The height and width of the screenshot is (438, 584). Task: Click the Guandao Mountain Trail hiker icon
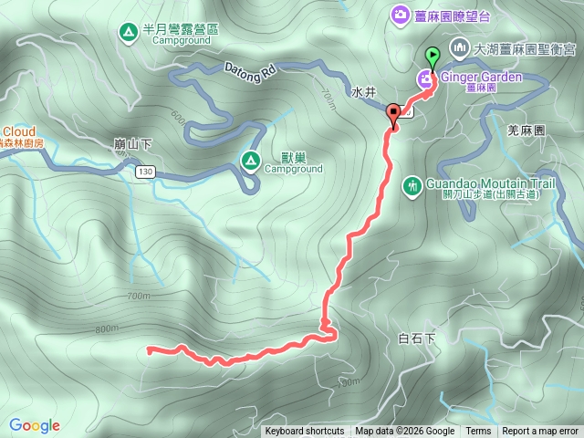click(x=412, y=186)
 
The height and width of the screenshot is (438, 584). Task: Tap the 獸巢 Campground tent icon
click(x=249, y=161)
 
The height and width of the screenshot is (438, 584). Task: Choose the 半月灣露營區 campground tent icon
click(x=127, y=34)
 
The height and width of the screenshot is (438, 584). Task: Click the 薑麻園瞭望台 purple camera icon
click(x=400, y=14)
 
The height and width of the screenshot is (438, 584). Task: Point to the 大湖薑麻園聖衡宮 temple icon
click(x=457, y=47)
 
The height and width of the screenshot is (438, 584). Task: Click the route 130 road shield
click(x=145, y=172)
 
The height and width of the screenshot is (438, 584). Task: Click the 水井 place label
click(x=363, y=92)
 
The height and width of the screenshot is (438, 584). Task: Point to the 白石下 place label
click(x=417, y=339)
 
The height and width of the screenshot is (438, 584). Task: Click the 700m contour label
click(x=139, y=297)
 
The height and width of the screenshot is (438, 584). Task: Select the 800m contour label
click(x=107, y=328)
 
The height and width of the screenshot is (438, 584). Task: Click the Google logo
click(x=34, y=425)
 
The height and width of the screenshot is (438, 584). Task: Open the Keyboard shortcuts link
click(x=305, y=432)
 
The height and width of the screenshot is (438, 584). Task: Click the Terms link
click(x=478, y=432)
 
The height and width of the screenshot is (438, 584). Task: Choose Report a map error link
click(x=540, y=432)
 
